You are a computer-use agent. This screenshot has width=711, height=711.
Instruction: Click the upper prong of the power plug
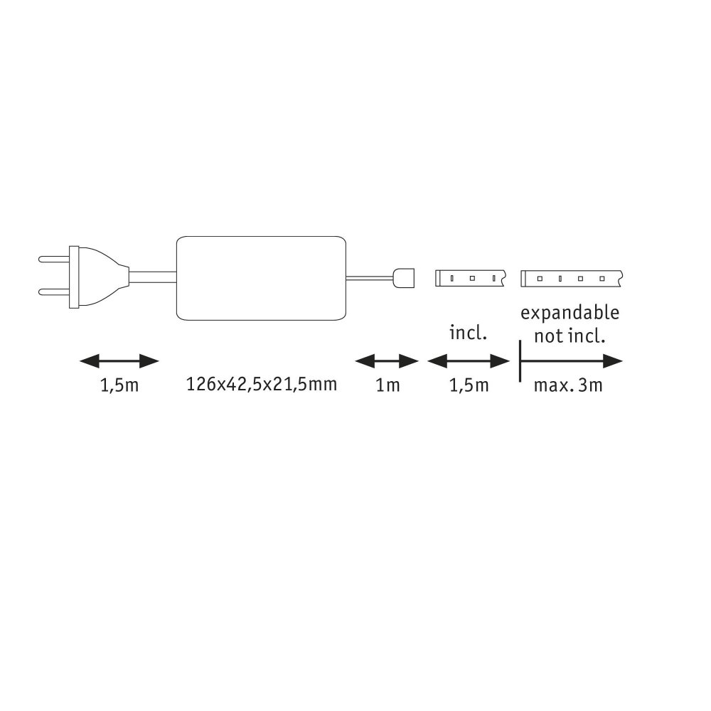point(54,260)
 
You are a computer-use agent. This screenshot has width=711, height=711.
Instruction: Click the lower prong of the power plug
point(54,292)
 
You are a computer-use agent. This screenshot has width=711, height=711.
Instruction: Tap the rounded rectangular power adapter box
point(261,278)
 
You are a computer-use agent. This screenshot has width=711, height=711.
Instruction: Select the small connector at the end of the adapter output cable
point(403,278)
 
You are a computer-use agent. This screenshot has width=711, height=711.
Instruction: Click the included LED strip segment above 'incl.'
point(471,278)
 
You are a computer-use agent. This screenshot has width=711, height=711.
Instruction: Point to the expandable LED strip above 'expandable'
point(572,279)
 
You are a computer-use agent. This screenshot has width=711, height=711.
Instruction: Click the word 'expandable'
point(570,314)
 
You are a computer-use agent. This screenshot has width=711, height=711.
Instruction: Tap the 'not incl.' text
point(570,336)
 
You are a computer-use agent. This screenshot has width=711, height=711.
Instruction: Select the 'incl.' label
point(468,333)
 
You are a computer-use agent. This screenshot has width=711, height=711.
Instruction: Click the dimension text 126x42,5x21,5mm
point(262,385)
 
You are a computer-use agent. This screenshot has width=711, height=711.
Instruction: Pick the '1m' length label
point(387,385)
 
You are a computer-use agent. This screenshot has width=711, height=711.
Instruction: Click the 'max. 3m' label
point(568,385)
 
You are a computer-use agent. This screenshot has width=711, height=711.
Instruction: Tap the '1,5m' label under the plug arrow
point(119,385)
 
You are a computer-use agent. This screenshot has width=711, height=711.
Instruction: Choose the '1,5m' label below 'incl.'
point(469,385)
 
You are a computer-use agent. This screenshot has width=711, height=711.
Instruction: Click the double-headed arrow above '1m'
point(387,361)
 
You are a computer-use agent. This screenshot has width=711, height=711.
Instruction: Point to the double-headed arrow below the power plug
point(119,361)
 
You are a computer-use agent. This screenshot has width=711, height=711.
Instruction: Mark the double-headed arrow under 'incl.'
point(469,361)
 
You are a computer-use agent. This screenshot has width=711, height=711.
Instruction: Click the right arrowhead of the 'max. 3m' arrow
point(613,361)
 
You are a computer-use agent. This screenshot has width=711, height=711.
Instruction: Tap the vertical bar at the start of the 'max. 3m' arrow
point(520,361)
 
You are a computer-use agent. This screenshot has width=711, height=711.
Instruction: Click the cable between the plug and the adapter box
point(152,277)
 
